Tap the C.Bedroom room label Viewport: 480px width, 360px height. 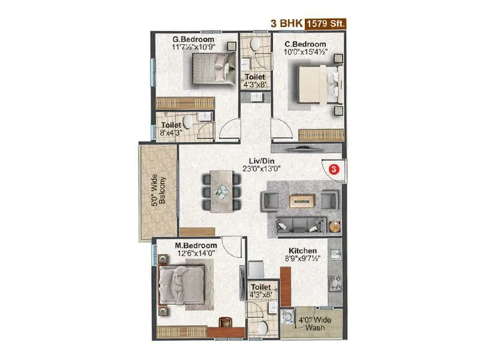305,44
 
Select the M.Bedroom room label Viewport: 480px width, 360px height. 196,245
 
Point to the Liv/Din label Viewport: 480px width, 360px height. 263,160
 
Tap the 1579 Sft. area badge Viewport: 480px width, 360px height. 326,24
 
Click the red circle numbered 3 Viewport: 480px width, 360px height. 334,169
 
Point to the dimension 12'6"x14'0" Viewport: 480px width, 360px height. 196,254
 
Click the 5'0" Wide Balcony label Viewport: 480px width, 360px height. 159,191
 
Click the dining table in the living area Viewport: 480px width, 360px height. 221,191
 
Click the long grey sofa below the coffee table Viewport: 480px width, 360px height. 299,225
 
